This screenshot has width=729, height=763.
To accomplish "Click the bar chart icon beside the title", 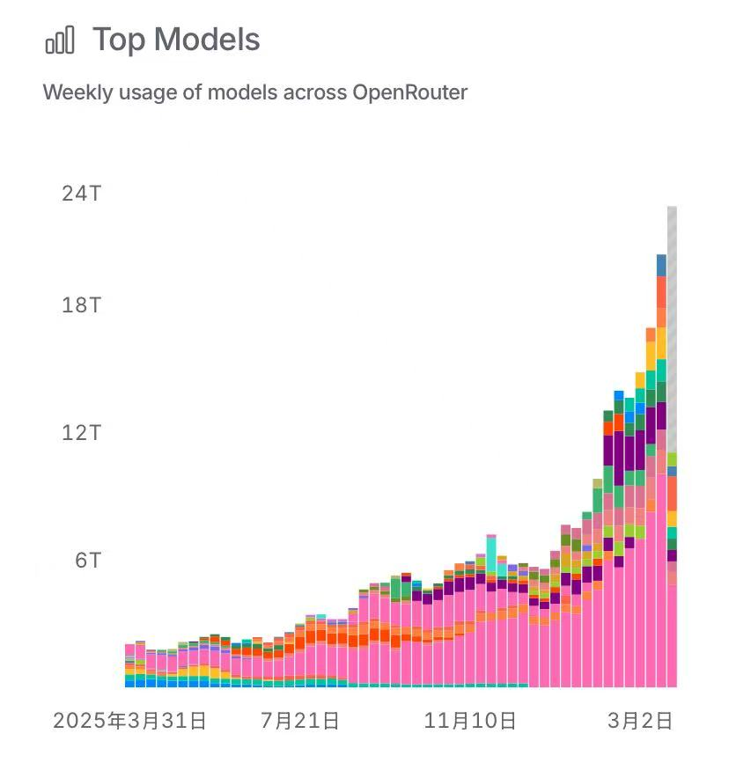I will click(x=60, y=40).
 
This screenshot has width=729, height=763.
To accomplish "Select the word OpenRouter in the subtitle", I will click(x=409, y=92).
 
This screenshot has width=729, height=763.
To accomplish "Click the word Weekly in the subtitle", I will click(x=77, y=92).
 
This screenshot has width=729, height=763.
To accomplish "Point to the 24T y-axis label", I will click(x=81, y=193).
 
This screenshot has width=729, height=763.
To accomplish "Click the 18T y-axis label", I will click(x=81, y=305).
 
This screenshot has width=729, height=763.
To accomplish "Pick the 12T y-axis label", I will click(x=81, y=433).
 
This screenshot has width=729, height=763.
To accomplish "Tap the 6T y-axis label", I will click(x=86, y=561).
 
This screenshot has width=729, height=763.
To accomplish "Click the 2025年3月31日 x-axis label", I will click(x=129, y=722).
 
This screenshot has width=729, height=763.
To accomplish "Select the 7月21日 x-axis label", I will click(x=300, y=722).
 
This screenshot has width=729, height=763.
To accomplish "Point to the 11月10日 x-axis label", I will click(x=470, y=722).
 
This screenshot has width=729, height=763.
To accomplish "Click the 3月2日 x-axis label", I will click(x=640, y=722).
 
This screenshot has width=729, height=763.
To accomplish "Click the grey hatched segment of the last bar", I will click(x=672, y=326).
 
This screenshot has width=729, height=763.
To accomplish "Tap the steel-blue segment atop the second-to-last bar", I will click(x=661, y=264).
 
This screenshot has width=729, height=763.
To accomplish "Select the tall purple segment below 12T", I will click(x=608, y=449).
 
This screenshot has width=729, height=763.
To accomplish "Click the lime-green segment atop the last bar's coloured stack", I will click(x=672, y=459).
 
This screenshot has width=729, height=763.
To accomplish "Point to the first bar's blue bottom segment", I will click(x=129, y=681).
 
